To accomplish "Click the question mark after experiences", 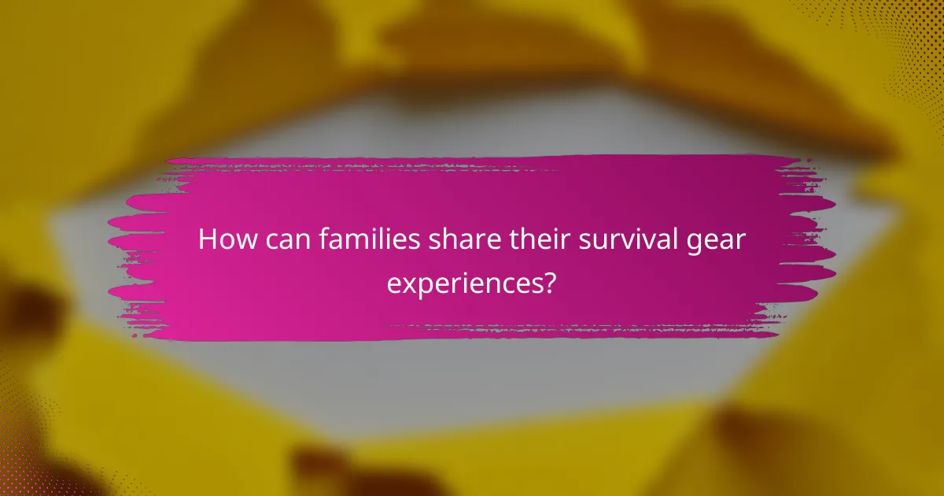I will (551, 281).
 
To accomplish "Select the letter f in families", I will (323, 239).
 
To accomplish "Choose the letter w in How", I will (241, 241).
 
